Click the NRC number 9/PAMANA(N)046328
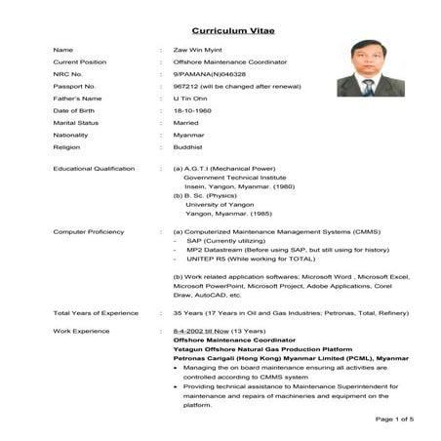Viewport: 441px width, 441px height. (x=208, y=74)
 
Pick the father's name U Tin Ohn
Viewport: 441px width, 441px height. (x=189, y=100)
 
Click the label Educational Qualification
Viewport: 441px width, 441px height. (x=94, y=169)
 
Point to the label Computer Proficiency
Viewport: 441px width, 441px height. (x=89, y=231)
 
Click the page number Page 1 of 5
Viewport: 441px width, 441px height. (x=394, y=419)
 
